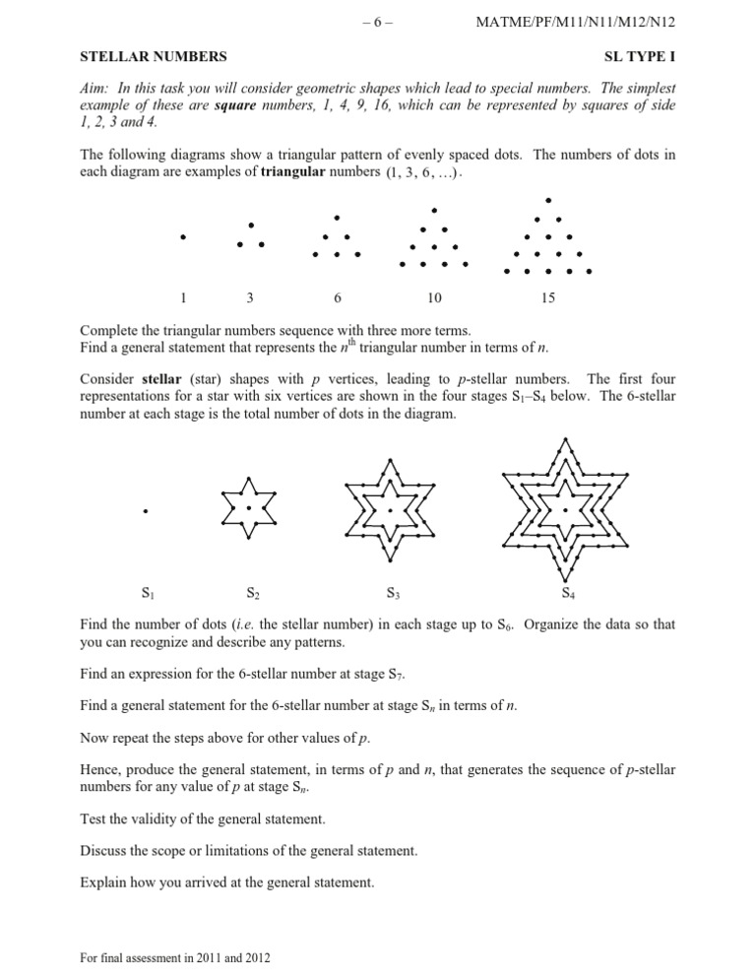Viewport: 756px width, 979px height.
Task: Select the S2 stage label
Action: [251, 594]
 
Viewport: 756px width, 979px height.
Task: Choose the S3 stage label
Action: [393, 594]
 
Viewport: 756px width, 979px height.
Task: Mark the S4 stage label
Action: [568, 594]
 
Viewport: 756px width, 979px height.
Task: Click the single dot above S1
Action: [145, 511]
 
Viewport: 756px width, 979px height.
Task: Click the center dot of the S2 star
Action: [250, 508]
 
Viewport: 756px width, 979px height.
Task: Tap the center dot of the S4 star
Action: [566, 510]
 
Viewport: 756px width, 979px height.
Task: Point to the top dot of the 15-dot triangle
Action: [548, 200]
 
